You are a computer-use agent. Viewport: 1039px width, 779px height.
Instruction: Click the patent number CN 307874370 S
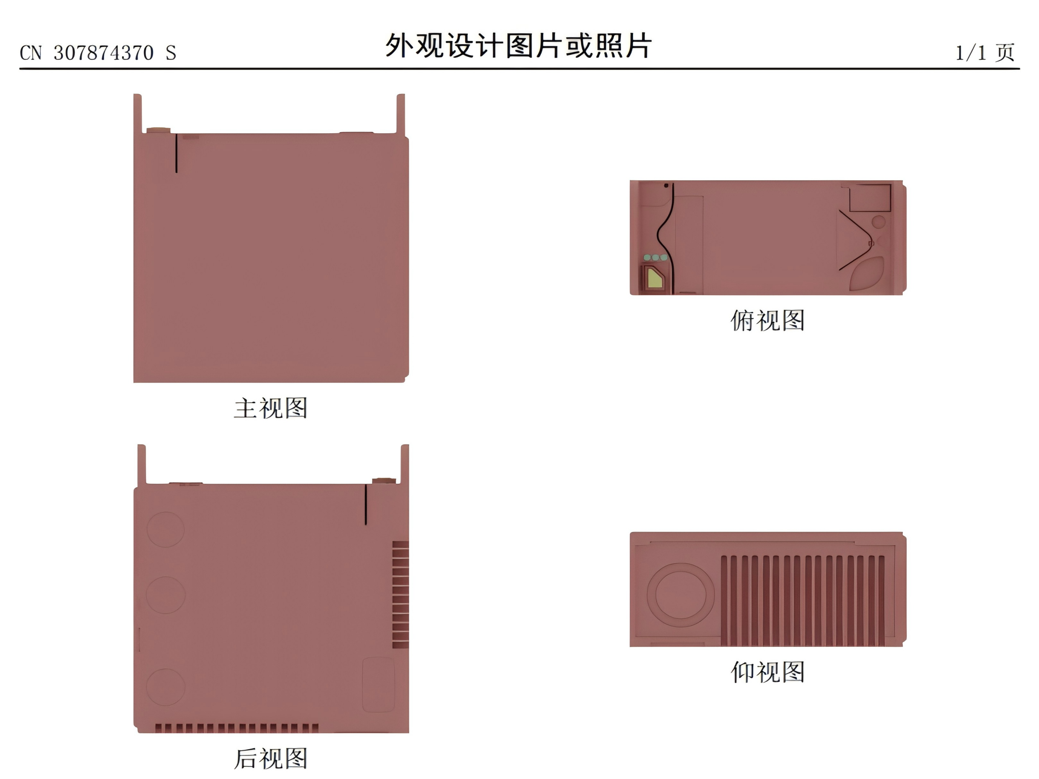pos(98,53)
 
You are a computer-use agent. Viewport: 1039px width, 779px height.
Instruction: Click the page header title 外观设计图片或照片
pos(518,46)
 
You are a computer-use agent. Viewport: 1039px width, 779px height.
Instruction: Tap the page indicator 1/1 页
pos(985,52)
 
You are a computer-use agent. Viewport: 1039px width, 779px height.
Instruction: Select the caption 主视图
pos(271,408)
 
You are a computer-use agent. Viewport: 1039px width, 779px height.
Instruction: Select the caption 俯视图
pos(767,320)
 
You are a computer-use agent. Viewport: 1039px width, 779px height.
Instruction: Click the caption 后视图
pos(271,758)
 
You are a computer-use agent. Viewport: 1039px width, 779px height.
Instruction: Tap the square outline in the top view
pos(870,198)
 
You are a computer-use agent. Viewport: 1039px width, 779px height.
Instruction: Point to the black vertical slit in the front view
pos(176,153)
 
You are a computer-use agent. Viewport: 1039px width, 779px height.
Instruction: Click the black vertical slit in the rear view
pos(366,504)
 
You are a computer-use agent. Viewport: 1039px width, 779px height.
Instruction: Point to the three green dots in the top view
pos(655,258)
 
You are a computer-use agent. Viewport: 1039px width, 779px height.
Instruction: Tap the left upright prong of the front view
pos(138,114)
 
